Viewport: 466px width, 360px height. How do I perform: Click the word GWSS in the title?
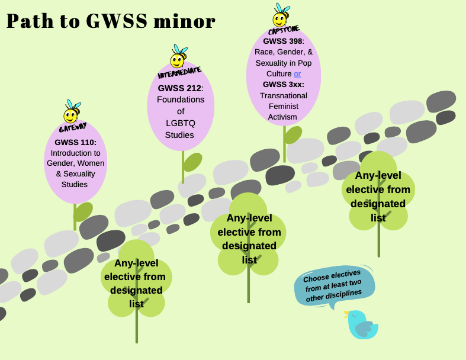[117, 21]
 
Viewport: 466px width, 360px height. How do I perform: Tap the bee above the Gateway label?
[72, 111]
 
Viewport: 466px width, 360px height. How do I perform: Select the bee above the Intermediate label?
[178, 56]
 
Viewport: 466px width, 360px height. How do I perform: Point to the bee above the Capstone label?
[281, 15]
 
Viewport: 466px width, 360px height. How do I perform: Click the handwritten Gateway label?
[73, 127]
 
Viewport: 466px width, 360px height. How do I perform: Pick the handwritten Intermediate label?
[179, 73]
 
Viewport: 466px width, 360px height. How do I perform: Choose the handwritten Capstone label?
[284, 30]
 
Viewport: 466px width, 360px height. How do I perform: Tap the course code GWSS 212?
[179, 88]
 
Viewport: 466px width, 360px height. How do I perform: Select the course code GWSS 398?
[282, 41]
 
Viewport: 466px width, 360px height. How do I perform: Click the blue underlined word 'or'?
[297, 74]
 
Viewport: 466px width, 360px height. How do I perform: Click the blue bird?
[361, 324]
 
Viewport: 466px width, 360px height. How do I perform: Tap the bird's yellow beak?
[346, 314]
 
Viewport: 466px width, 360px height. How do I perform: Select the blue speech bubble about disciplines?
[335, 285]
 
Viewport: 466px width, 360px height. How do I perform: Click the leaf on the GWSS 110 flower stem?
[83, 211]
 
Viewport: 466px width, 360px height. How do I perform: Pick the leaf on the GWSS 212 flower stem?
[192, 162]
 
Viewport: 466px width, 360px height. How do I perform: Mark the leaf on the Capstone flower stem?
[293, 135]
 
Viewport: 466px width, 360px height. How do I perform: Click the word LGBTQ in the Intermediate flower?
[181, 123]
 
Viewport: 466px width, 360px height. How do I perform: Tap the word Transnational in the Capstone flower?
[284, 96]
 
